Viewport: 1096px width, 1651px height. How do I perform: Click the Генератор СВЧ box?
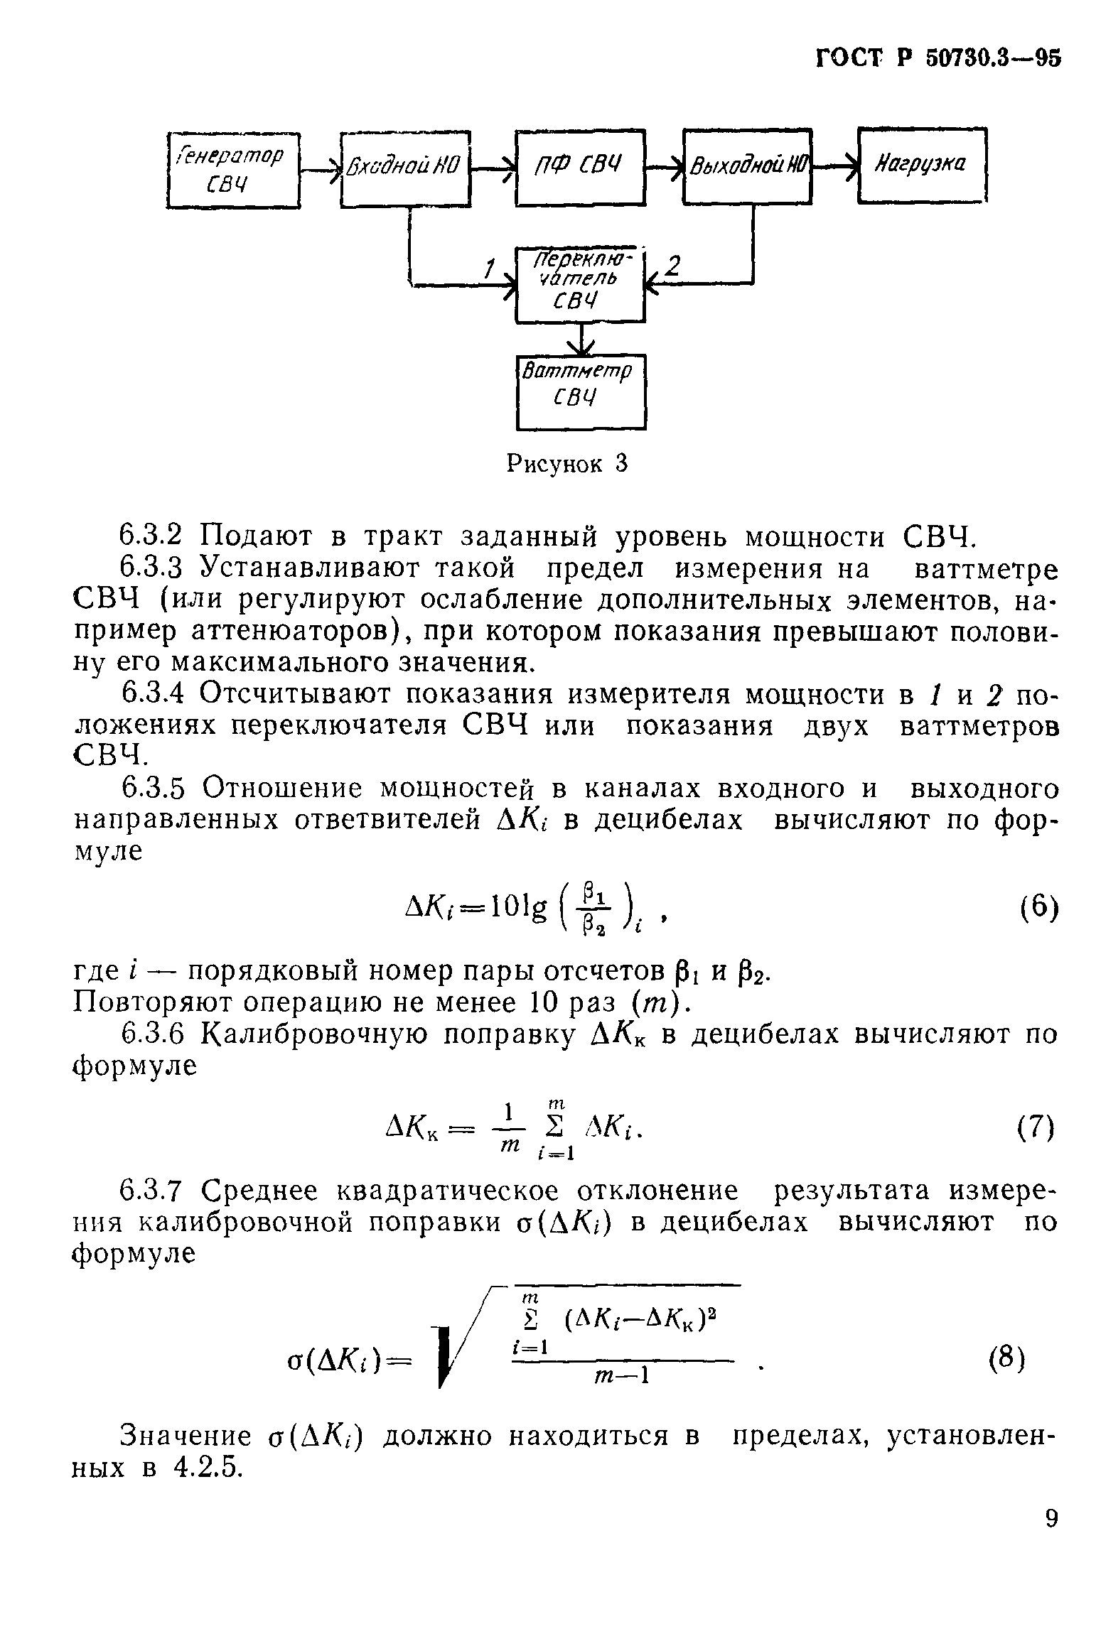[x=233, y=170]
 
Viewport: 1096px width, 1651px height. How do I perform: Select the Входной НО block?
[x=405, y=169]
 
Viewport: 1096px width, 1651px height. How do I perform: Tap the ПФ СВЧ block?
[x=580, y=168]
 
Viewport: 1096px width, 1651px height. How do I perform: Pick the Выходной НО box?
[x=747, y=167]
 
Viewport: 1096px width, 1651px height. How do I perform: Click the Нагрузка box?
[x=922, y=166]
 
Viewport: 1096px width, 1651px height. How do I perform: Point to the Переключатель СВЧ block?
[x=580, y=284]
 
